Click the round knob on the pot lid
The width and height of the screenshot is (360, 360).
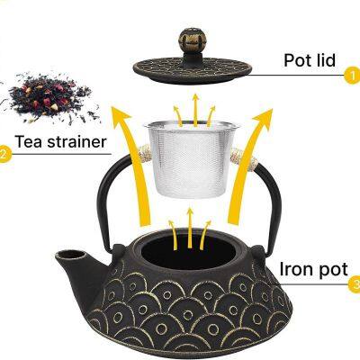[192, 39]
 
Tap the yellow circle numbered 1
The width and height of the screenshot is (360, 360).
[351, 77]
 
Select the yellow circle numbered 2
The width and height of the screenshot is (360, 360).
[4, 155]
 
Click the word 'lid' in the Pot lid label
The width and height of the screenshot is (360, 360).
[323, 60]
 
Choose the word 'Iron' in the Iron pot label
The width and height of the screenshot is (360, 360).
[298, 268]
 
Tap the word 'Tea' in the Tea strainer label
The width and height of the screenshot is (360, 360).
[29, 141]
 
